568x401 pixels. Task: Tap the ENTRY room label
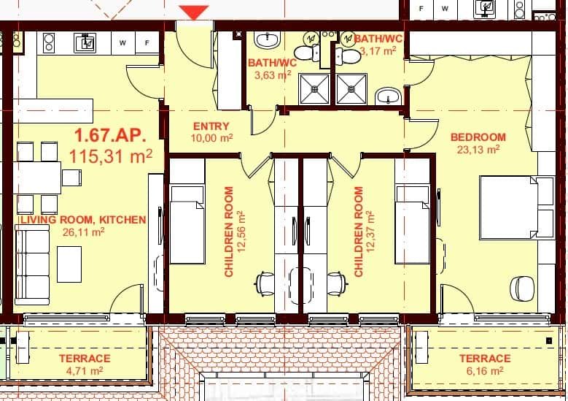[211, 126]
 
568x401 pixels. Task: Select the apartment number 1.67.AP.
[110, 135]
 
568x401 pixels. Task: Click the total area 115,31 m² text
[111, 156]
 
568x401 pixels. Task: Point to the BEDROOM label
[478, 137]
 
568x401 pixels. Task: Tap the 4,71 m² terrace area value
[85, 371]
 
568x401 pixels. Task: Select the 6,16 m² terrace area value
[485, 371]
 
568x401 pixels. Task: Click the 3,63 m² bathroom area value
[273, 75]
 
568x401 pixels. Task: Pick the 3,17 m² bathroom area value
[378, 51]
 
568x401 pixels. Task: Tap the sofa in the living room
[32, 263]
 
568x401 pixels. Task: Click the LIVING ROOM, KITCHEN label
[83, 219]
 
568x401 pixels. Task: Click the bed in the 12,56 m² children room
[187, 223]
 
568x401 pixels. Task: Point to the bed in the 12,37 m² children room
[412, 223]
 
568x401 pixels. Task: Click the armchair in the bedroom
[522, 288]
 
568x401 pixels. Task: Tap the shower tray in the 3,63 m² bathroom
[314, 88]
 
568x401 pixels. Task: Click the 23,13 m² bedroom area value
[479, 149]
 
